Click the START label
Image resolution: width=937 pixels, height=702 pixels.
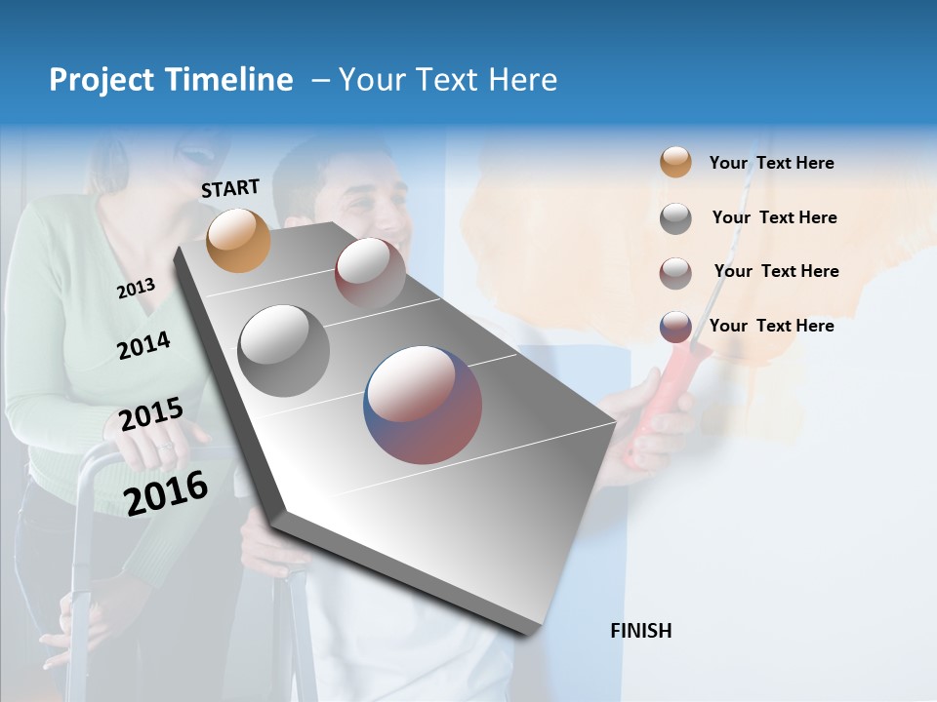230,188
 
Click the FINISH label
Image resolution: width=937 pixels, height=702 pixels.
640,631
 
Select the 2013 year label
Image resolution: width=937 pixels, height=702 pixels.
136,289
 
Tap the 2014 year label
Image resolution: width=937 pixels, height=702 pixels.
143,345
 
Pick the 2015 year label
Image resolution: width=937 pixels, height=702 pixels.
150,415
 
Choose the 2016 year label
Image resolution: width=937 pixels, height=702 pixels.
166,492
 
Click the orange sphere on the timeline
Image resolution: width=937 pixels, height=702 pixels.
238,240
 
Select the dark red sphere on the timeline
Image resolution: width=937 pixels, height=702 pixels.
370,273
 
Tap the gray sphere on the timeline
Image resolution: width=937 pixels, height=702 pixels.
283,350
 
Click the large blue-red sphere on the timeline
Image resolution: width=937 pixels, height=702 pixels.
423,405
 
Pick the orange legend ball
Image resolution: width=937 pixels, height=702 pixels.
675,163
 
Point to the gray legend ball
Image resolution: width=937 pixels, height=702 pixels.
675,218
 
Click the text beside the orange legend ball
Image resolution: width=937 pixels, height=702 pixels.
771,163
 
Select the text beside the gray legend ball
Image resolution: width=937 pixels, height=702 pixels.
774,217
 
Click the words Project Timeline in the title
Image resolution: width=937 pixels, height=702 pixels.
171,80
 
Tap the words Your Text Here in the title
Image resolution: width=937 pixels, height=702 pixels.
447,80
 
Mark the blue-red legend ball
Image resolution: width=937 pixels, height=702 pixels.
675,327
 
